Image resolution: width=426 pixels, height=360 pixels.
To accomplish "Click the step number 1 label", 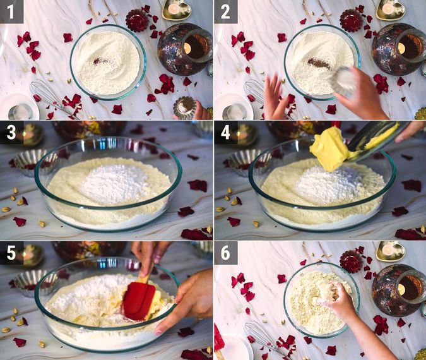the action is click(x=11, y=12).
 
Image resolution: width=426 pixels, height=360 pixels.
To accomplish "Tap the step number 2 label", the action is click(x=225, y=12).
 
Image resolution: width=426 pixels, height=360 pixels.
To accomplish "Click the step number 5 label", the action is click(x=11, y=253).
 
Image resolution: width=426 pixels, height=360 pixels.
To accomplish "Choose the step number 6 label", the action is click(x=225, y=253).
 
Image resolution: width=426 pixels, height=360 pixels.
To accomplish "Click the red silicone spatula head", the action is click(x=139, y=301).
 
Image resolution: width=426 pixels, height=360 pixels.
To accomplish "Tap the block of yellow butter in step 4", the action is click(x=330, y=149).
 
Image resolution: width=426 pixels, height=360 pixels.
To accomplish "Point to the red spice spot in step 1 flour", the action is click(x=98, y=61).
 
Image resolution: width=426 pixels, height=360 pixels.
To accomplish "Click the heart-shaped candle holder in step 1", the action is click(x=177, y=9).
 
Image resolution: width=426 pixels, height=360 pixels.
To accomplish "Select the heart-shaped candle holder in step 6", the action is click(x=391, y=251).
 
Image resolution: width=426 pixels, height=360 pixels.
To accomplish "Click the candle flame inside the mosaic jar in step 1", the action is click(x=187, y=49).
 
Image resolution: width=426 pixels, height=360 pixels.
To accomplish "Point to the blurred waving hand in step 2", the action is click(x=274, y=97).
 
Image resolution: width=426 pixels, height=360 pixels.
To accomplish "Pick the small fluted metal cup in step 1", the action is click(x=185, y=107).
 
